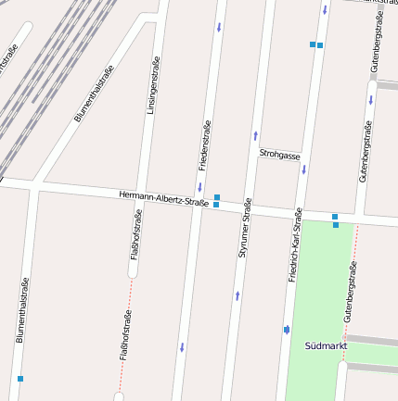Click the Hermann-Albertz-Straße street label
163,198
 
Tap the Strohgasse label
280,155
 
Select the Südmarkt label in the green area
326,345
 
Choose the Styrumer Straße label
245,228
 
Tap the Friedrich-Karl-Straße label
295,244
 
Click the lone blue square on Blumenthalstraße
20,379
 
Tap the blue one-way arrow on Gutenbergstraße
370,99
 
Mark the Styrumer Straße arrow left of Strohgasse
254,136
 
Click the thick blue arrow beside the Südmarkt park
287,329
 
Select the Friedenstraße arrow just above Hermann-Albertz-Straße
199,186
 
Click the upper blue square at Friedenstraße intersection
217,197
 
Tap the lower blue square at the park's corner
336,225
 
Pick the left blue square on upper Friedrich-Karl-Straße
313,44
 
